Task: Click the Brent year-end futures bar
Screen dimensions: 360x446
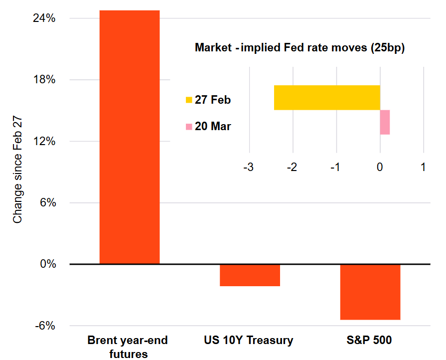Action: (130, 137)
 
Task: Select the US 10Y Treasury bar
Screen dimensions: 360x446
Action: (250, 275)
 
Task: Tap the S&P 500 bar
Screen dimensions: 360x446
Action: (370, 292)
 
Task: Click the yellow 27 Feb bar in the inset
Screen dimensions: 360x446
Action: (327, 98)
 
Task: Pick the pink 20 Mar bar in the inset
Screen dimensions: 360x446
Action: (385, 122)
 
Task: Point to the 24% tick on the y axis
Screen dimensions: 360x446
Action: (44, 18)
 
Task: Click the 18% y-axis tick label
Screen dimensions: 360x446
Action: (44, 80)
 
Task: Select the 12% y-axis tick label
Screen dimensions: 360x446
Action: (44, 142)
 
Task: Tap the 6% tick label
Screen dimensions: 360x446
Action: (47, 203)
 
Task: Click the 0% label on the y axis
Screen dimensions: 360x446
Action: (47, 264)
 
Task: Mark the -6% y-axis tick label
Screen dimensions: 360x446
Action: (45, 326)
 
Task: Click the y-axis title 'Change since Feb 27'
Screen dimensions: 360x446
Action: (18, 173)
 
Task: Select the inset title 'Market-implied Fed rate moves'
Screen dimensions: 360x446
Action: (299, 48)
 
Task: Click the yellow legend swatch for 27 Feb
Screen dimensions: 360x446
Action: (189, 100)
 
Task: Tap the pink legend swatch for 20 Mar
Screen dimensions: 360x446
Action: (189, 127)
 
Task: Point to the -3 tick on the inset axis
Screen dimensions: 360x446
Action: (248, 168)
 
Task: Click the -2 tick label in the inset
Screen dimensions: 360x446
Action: (292, 168)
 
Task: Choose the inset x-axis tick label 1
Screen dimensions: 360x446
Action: (423, 168)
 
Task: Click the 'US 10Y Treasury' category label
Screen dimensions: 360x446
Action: (249, 341)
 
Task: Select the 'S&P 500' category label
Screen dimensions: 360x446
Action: (369, 341)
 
